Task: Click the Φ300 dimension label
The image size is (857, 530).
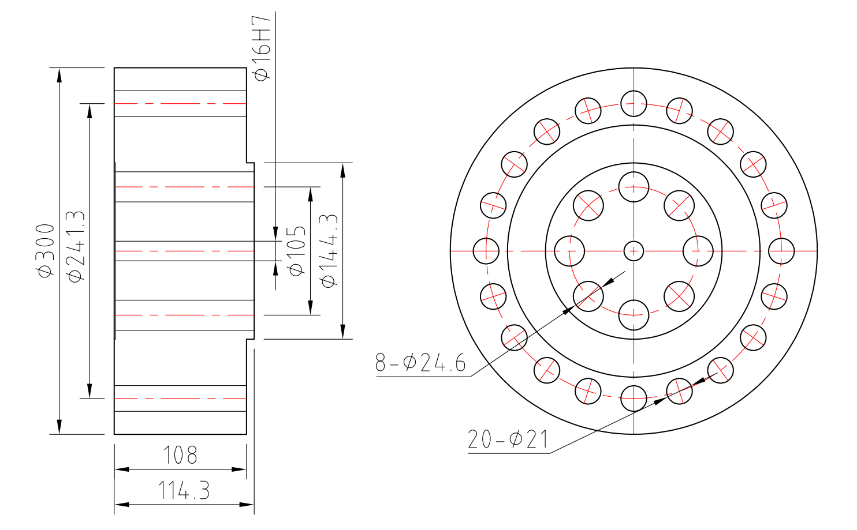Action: point(46,251)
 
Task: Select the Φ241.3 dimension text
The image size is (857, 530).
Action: point(76,246)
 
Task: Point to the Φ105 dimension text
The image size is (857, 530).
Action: point(296,251)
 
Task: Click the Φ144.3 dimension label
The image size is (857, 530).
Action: point(329,251)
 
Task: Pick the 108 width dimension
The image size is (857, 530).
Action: point(180,456)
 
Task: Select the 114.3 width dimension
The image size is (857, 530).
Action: point(184,491)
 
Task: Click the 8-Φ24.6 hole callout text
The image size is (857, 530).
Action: point(420,363)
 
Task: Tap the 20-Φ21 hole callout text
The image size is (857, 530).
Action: point(508,439)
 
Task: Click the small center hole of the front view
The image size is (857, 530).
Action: point(634,251)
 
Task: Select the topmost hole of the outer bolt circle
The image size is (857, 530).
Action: point(634,104)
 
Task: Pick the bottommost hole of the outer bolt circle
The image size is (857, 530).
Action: point(634,398)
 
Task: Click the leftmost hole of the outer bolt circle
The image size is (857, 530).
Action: point(486,251)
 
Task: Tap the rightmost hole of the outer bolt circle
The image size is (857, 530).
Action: point(781,251)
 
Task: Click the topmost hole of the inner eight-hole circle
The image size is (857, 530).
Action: point(634,187)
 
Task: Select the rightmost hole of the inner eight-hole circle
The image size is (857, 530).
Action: point(698,251)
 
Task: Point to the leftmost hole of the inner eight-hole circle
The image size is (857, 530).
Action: point(569,251)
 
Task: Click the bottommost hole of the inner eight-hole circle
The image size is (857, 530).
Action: point(634,315)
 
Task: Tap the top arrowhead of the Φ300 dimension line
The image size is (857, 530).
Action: point(59,74)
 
